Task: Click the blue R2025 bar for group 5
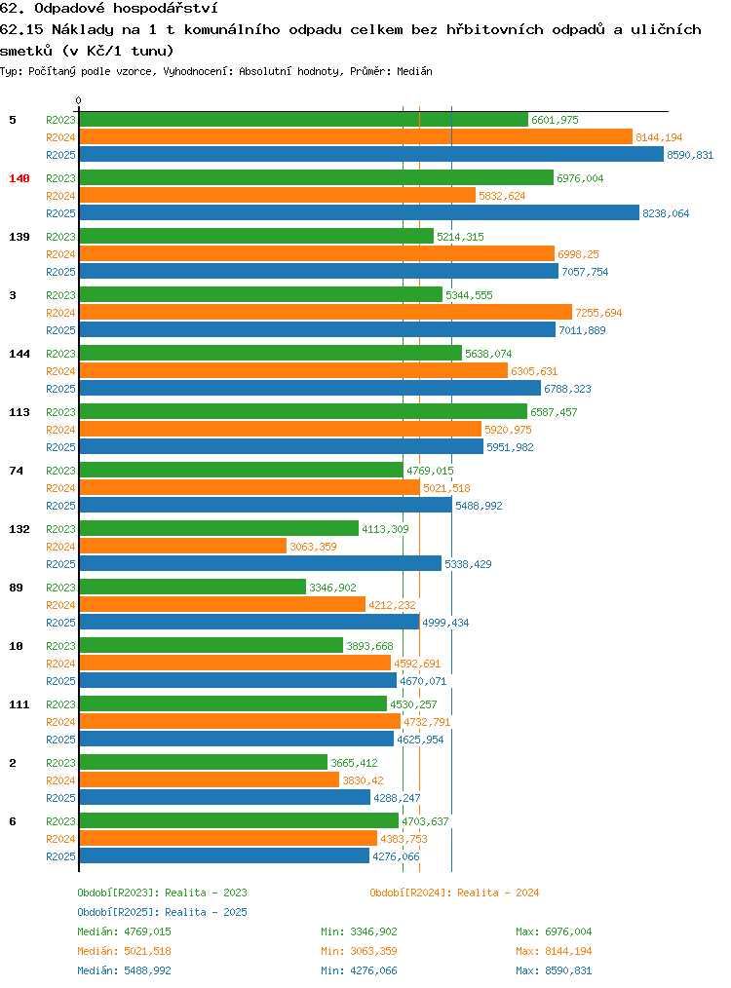tap(371, 154)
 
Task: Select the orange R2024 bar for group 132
tap(183, 547)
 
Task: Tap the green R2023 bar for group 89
tap(192, 588)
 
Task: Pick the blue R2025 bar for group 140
tap(360, 213)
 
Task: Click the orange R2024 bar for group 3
tap(326, 313)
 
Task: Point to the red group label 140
tap(19, 178)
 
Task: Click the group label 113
tap(19, 412)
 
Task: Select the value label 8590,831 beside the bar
tap(690, 155)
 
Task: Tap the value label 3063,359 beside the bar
tap(313, 547)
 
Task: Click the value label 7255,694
tap(598, 313)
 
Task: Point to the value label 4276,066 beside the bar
tap(396, 856)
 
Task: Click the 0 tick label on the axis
tap(78, 100)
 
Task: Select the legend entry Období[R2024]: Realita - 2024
tap(454, 893)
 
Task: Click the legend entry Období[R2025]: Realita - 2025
tap(162, 912)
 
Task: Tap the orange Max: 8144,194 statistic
tap(554, 951)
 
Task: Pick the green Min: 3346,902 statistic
tap(360, 931)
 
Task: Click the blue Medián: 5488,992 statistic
tap(124, 971)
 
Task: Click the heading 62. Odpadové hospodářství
tap(109, 9)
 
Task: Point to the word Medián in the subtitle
tap(414, 71)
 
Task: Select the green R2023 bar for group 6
tap(239, 821)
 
